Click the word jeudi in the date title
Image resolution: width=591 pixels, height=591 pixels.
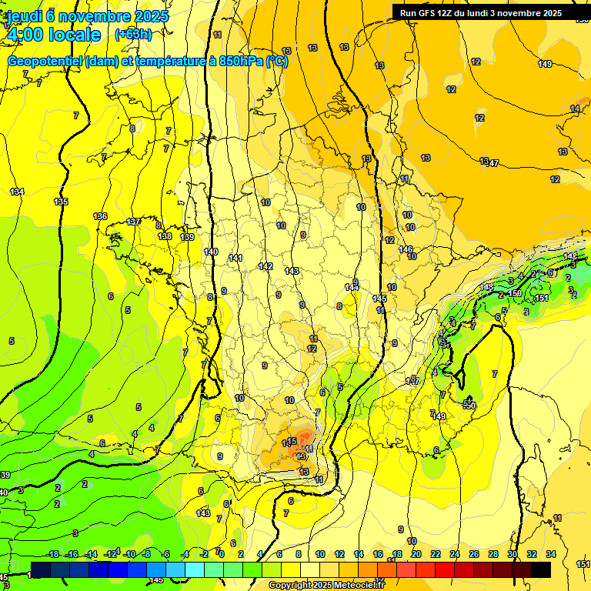click(26, 16)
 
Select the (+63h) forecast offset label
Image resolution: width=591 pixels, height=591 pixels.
click(133, 35)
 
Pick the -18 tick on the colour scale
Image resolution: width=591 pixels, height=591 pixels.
click(52, 554)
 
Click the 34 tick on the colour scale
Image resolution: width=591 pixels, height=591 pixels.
click(550, 554)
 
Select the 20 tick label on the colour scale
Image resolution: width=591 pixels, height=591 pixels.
click(416, 554)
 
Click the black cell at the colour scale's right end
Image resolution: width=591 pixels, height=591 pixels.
click(540, 569)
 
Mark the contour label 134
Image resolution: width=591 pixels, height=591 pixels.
click(17, 192)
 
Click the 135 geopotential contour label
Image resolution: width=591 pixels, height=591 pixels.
click(61, 202)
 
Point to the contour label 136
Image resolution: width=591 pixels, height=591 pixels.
click(100, 216)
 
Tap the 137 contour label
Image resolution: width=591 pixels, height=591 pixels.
click(134, 222)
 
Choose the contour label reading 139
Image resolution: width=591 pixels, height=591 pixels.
click(187, 237)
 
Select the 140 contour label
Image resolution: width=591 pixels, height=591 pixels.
click(211, 252)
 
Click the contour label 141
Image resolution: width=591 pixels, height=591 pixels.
click(235, 258)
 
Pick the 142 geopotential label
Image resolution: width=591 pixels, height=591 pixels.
click(265, 266)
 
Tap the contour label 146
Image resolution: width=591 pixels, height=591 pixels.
click(406, 249)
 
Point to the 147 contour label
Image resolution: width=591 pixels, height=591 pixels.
click(492, 163)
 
